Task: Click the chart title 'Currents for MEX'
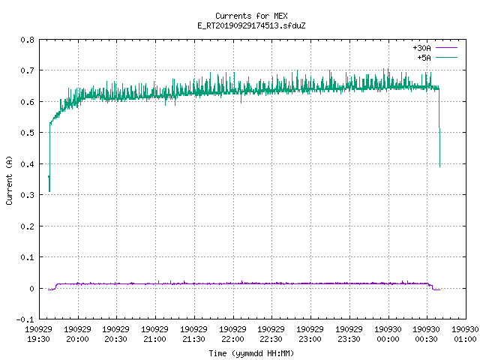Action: click(x=251, y=16)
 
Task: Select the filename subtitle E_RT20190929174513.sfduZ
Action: click(x=251, y=25)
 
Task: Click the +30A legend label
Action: click(x=421, y=48)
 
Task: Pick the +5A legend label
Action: click(x=424, y=58)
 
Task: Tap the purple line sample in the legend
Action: click(x=446, y=48)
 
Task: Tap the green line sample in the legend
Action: click(x=446, y=57)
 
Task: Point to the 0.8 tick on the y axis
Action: click(x=27, y=40)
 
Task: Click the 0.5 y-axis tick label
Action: click(x=27, y=133)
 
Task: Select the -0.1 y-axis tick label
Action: click(x=25, y=319)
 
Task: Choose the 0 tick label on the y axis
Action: click(x=31, y=289)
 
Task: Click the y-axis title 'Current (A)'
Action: click(x=9, y=180)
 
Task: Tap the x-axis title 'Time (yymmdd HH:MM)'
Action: click(x=251, y=353)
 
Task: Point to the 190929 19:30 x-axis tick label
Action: click(x=38, y=334)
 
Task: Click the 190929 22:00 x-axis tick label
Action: click(x=233, y=334)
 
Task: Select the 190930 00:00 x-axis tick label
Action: click(x=388, y=334)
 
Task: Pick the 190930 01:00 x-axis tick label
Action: click(x=465, y=334)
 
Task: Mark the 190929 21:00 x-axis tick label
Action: click(x=155, y=334)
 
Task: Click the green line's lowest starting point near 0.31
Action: click(x=49, y=191)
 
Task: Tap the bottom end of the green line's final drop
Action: click(x=440, y=166)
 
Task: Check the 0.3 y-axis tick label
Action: click(x=27, y=195)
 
